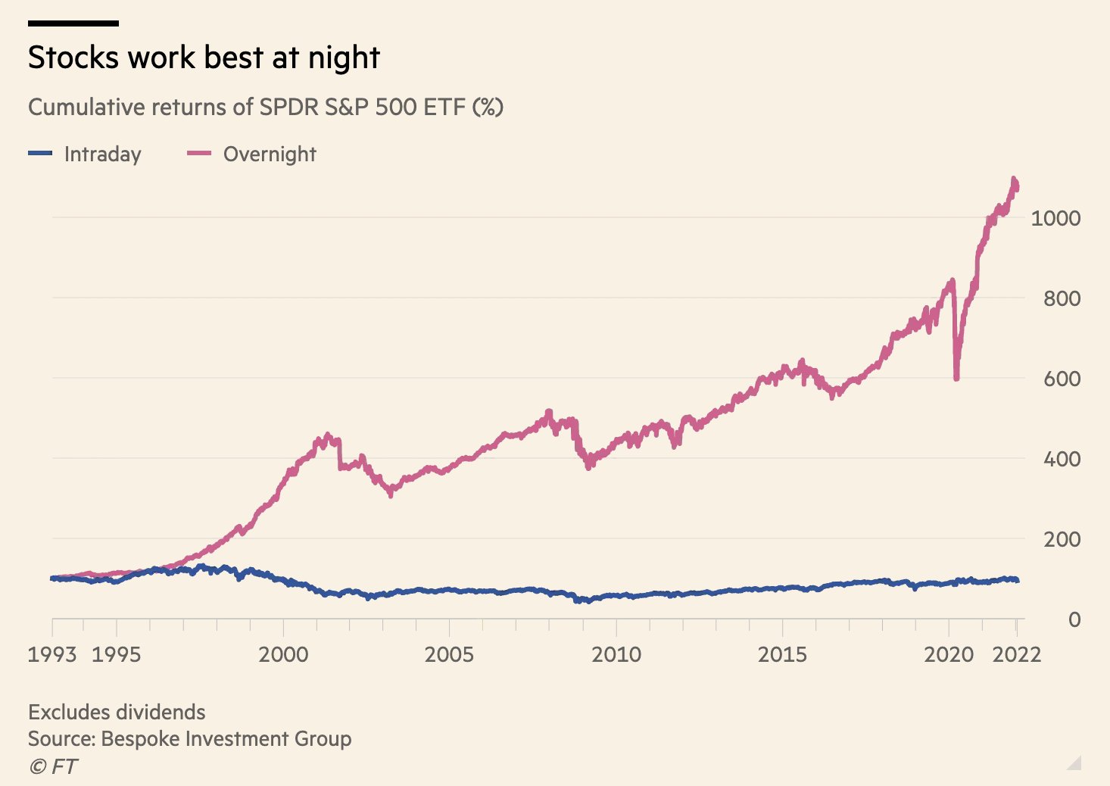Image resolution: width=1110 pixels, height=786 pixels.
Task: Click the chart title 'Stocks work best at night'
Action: (x=204, y=58)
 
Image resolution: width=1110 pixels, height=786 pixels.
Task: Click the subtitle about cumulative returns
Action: (x=265, y=107)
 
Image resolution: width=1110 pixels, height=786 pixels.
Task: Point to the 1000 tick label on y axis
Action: (x=1055, y=218)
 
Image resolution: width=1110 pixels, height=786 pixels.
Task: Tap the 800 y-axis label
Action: (x=1062, y=298)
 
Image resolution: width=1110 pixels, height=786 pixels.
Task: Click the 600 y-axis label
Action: (x=1062, y=379)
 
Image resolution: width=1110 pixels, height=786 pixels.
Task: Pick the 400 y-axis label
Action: (x=1062, y=459)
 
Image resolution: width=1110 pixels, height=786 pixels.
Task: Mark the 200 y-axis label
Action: (x=1062, y=539)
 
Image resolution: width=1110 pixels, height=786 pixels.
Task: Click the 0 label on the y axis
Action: (x=1074, y=619)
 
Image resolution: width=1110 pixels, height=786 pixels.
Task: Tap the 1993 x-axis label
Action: (x=52, y=654)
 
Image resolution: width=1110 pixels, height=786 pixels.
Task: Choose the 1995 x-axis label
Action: (x=116, y=654)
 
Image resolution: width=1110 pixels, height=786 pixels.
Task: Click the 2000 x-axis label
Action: (x=283, y=654)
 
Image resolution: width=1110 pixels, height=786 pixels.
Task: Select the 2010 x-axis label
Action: (x=616, y=654)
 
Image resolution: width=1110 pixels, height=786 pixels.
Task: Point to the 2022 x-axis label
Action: (x=1016, y=654)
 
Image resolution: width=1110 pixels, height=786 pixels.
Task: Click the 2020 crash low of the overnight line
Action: (x=956, y=377)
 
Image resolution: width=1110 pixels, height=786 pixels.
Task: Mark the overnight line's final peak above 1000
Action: (x=1014, y=179)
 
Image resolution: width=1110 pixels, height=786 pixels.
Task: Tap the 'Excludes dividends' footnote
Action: (x=117, y=712)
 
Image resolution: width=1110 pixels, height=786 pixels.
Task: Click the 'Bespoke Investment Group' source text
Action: (x=226, y=738)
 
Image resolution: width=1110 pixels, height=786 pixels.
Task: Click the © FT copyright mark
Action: (x=53, y=766)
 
